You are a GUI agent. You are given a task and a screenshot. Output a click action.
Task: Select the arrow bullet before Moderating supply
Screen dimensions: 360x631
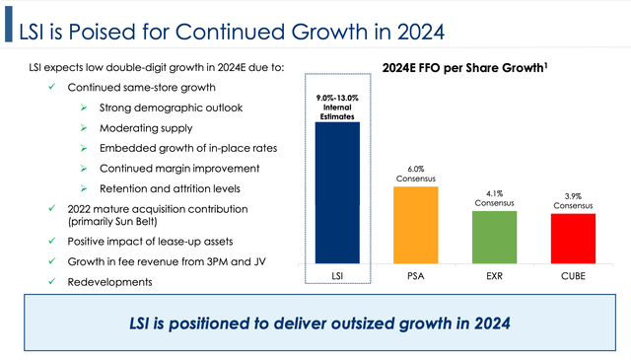pyautogui.click(x=87, y=128)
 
